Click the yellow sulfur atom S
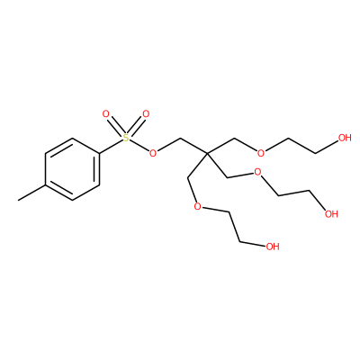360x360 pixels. tap(126, 139)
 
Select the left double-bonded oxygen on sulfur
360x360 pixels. tap(105, 114)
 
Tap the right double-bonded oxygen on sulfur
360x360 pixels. tap(146, 114)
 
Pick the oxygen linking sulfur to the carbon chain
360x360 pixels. tap(153, 153)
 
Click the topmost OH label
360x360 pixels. tap(345, 138)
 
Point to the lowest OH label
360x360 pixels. tap(273, 247)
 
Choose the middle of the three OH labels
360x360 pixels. tap(331, 214)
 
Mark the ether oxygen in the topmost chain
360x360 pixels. tap(261, 153)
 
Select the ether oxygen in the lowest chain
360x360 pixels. tap(198, 207)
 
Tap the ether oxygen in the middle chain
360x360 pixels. tap(257, 172)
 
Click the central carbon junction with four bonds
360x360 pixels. tap(207, 154)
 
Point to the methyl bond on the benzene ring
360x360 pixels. tap(31, 193)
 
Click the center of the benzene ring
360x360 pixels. tap(72, 169)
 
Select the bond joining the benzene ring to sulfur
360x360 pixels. tap(111, 147)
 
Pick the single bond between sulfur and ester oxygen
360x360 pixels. tap(139, 146)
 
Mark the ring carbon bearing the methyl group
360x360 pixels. tap(46, 184)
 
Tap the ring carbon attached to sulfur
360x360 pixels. tap(99, 154)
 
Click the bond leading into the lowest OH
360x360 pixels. tap(252, 244)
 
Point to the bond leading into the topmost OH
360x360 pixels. tap(327, 147)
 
